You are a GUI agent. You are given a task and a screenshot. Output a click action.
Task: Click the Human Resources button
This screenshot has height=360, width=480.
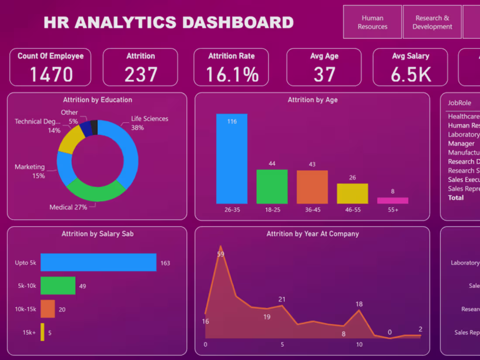372,22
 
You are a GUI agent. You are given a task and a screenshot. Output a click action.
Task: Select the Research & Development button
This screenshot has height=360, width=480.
432,22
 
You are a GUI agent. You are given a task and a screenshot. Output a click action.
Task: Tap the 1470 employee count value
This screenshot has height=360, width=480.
51,74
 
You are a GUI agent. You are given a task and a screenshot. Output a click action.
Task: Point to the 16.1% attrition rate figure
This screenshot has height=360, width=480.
232,74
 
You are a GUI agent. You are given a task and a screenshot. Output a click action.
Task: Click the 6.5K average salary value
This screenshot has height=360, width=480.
411,74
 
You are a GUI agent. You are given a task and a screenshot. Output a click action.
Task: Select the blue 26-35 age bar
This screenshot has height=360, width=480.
232,159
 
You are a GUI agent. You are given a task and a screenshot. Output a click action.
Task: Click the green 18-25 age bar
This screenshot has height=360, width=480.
272,187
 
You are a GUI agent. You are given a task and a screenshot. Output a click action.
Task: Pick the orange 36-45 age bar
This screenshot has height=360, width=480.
312,187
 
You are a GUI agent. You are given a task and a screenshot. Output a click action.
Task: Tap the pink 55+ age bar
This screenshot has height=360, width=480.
393,201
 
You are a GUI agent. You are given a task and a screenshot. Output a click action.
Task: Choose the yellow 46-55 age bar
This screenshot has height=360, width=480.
352,194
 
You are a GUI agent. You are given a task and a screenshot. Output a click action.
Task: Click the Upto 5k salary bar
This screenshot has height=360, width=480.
99,262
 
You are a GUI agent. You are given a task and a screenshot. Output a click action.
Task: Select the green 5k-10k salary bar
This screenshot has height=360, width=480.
58,286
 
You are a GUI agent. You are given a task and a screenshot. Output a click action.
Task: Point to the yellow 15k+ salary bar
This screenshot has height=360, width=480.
42,332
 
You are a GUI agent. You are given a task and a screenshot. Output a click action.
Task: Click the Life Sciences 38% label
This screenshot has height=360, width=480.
149,123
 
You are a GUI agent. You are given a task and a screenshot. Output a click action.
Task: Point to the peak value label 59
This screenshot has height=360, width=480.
220,254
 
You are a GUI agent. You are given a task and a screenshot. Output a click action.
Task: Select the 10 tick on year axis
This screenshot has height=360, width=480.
359,345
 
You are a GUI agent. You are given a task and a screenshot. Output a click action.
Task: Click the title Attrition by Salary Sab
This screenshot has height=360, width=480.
97,234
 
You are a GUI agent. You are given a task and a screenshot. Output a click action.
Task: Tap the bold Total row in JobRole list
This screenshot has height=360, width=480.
456,198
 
